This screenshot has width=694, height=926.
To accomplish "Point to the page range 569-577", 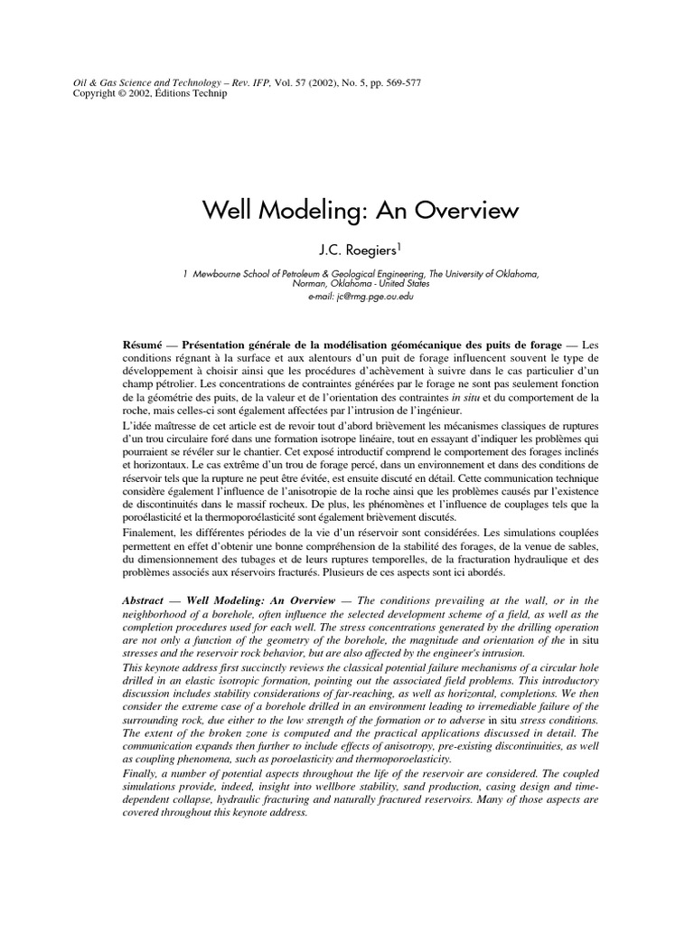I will (398, 83).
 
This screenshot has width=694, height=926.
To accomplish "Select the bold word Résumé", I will (145, 345).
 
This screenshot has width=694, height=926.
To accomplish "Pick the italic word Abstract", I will (146, 600).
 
